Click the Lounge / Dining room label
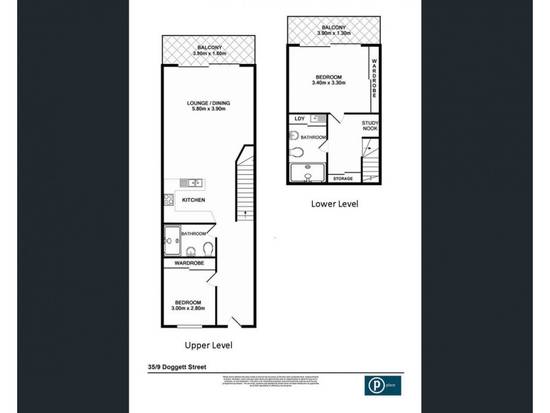[x=208, y=103]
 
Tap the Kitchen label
[x=193, y=200]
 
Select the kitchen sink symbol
[x=190, y=182]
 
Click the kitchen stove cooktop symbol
[x=168, y=200]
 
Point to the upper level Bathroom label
[x=193, y=234]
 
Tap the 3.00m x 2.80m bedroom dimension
[x=187, y=308]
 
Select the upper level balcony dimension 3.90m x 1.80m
[x=208, y=54]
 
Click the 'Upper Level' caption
[x=208, y=345]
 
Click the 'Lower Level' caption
[x=334, y=204]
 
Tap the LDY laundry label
[x=299, y=118]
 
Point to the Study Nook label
[x=371, y=125]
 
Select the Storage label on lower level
[x=343, y=179]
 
